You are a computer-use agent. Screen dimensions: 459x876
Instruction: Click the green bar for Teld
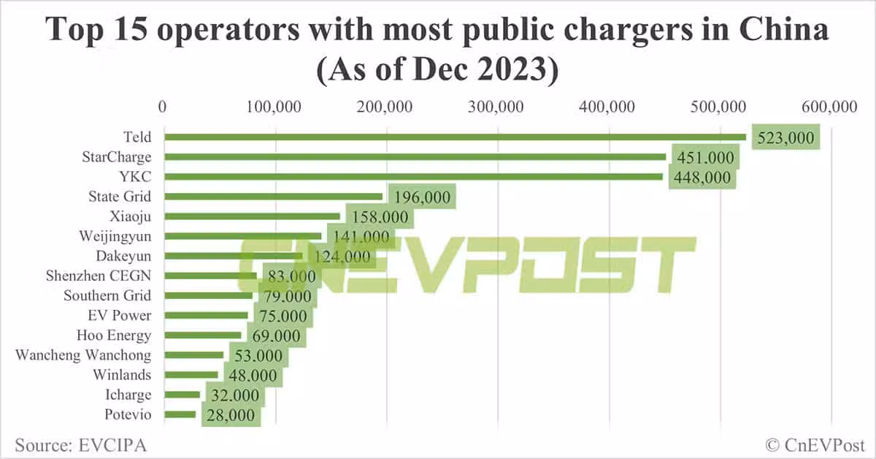coord(453,137)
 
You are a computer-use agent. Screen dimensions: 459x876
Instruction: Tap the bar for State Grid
coord(273,197)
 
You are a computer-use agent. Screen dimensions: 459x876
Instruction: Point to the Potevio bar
coord(180,414)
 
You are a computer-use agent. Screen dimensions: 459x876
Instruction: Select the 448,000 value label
coord(702,177)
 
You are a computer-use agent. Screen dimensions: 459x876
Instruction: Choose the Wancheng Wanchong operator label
coord(83,355)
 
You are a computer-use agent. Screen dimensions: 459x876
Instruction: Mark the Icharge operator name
coord(128,395)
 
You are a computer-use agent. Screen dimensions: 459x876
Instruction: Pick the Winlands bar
coord(191,375)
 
